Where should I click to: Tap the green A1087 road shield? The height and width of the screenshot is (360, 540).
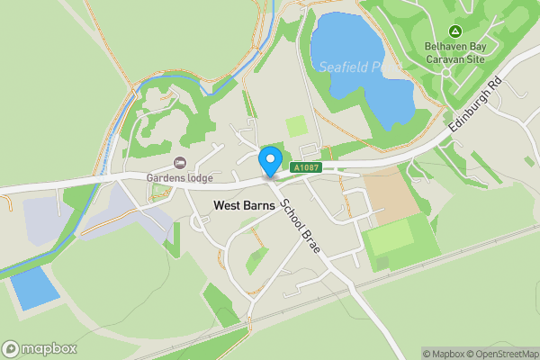(x=306, y=167)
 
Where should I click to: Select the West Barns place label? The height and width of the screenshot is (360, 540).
(x=244, y=205)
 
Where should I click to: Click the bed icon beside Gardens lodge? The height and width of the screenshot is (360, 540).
(x=179, y=162)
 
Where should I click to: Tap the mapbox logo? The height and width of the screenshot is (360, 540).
(x=39, y=348)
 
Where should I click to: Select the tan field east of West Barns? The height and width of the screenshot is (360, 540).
(x=391, y=195)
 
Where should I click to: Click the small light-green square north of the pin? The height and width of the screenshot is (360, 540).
(x=296, y=126)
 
